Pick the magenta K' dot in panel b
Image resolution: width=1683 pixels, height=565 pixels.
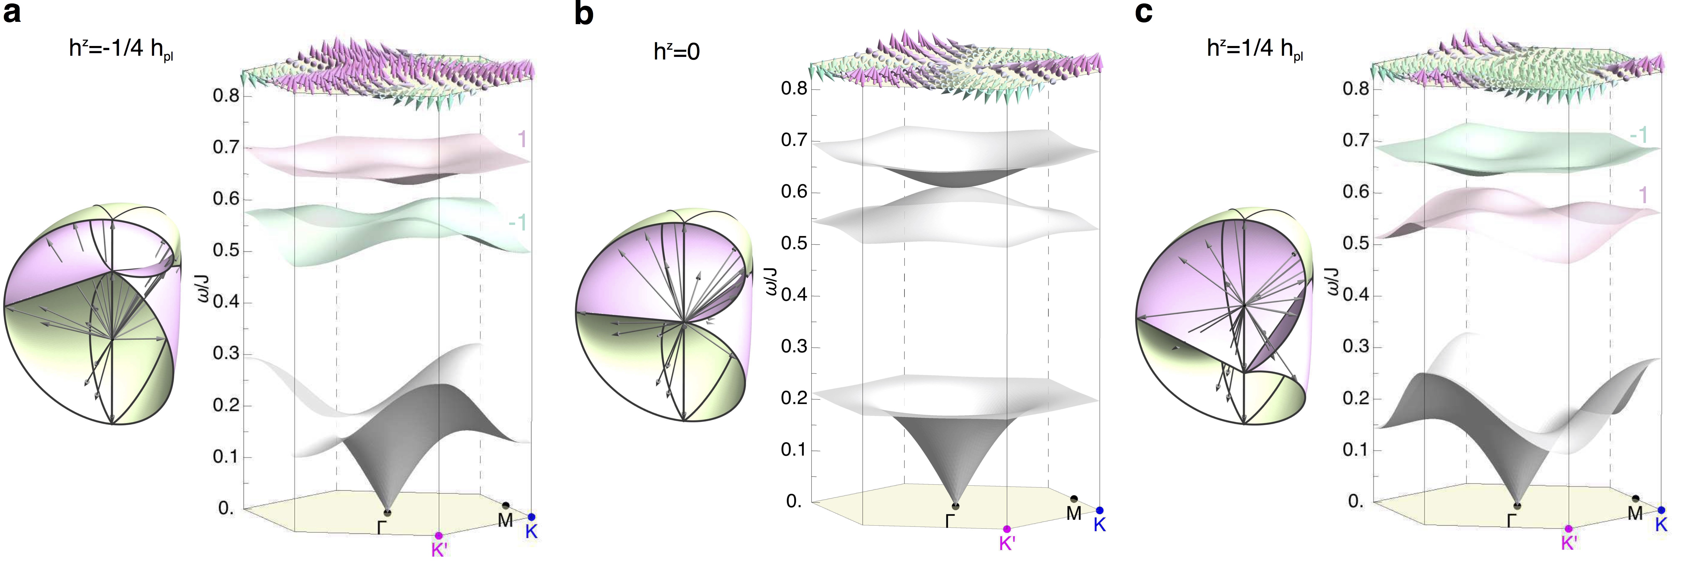(1007, 529)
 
